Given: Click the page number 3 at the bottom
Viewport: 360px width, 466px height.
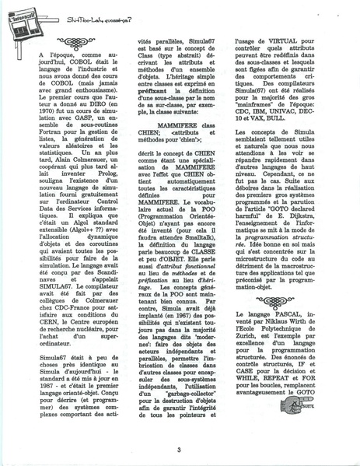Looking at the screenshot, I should tap(179, 449).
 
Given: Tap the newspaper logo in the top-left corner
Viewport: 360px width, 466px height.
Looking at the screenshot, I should tap(23, 15).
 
